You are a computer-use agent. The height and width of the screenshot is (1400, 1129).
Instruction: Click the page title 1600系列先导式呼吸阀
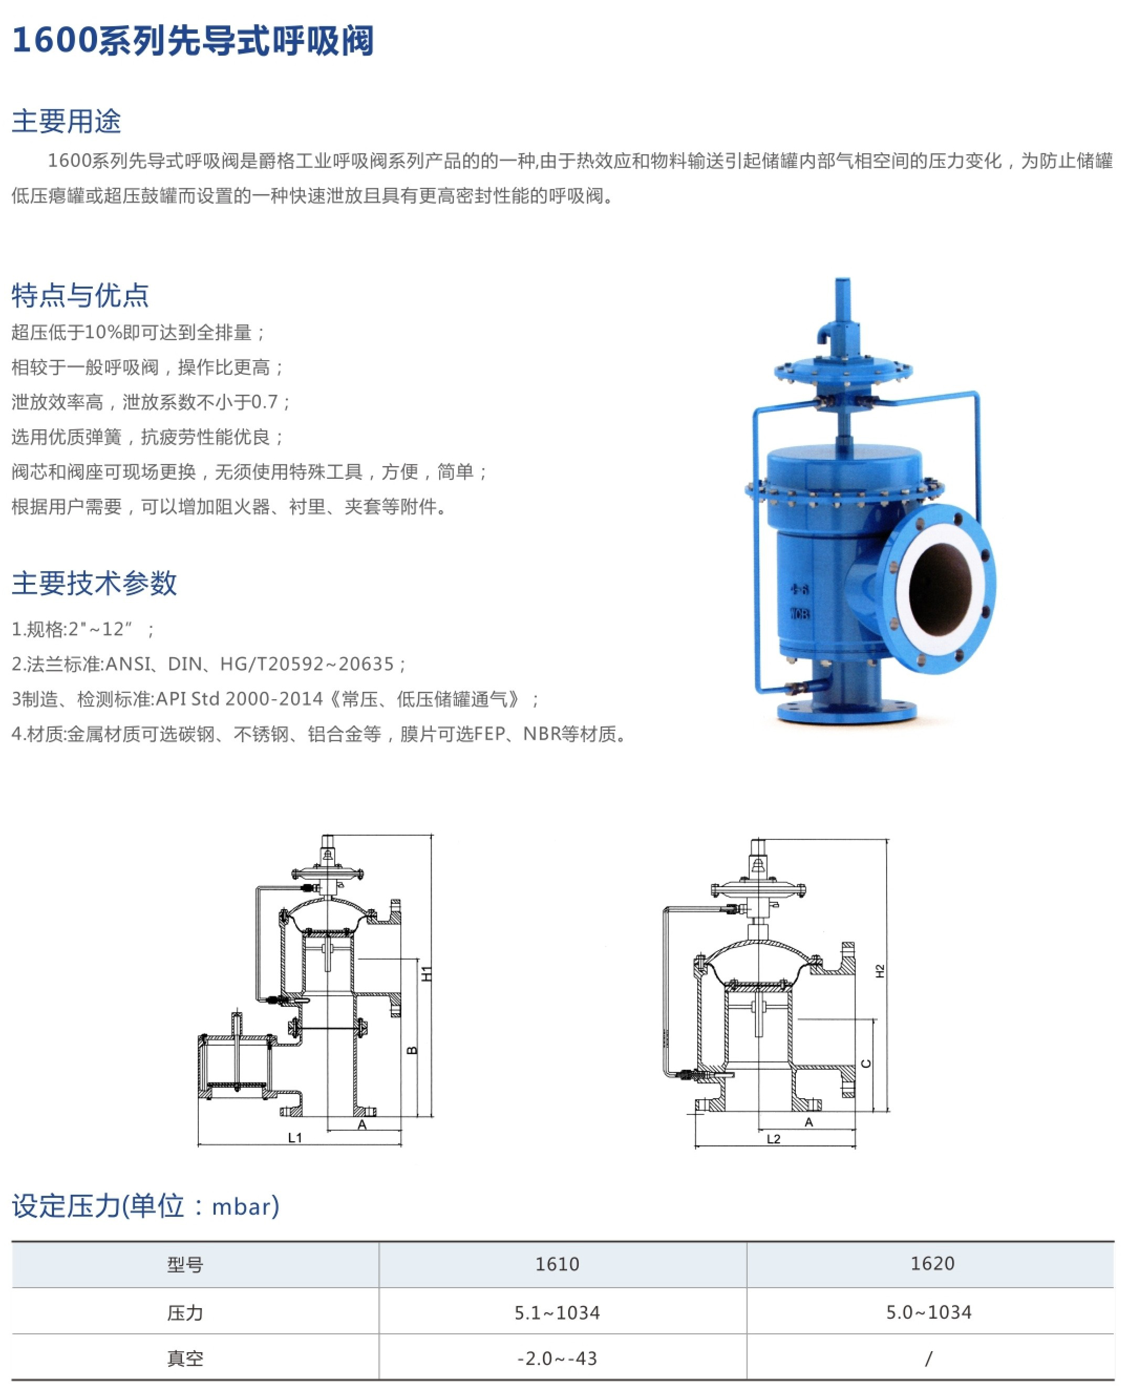(x=193, y=40)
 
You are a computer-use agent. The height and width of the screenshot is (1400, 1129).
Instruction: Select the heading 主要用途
(x=66, y=121)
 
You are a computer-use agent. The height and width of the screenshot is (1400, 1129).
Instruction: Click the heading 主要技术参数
(x=94, y=582)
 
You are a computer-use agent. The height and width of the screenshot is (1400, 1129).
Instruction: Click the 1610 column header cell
(x=557, y=1264)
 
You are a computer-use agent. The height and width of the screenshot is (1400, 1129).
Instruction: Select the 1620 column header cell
(x=932, y=1264)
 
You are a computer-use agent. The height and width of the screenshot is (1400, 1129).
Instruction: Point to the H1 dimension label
(x=427, y=974)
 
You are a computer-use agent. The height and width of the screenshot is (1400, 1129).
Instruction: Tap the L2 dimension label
(x=773, y=1139)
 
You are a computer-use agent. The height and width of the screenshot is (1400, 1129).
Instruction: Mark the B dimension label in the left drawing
(x=412, y=1050)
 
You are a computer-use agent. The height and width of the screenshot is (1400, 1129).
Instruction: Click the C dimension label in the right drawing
(x=866, y=1064)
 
